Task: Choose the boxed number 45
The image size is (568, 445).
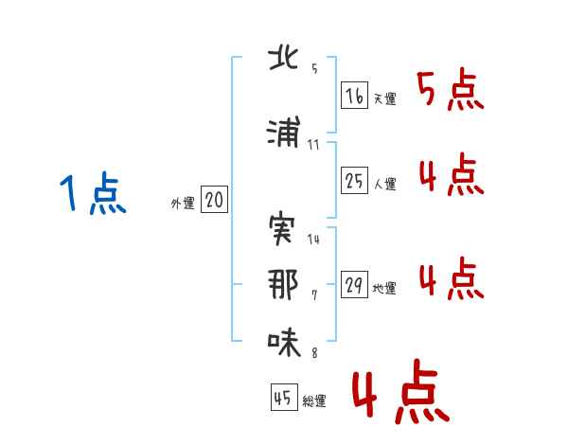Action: point(282,399)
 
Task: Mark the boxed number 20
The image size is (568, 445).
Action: point(214,200)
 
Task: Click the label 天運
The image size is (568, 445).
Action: point(384,98)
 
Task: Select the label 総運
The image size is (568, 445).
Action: point(314,401)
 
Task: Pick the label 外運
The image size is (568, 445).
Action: point(183,203)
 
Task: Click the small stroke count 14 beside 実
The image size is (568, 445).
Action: point(314,240)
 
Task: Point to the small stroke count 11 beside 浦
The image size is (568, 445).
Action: point(314,145)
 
